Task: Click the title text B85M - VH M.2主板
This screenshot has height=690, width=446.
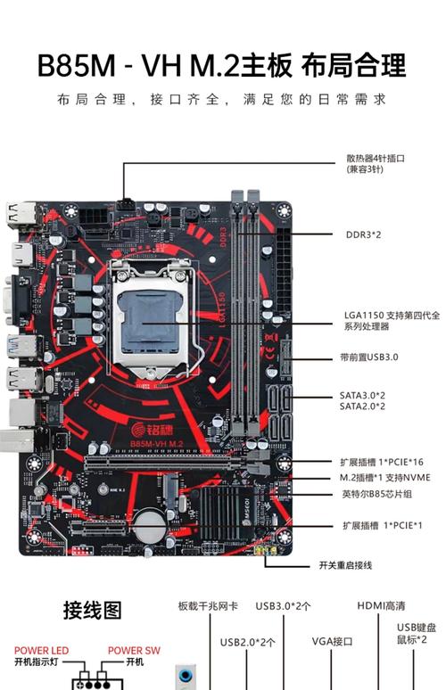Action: (164, 66)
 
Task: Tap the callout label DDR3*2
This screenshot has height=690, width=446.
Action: (363, 235)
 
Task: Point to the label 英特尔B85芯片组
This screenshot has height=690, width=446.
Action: (377, 494)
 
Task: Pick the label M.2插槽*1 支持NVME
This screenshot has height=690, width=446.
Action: (384, 478)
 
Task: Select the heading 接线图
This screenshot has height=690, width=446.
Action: (92, 611)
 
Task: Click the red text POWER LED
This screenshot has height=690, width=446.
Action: (41, 651)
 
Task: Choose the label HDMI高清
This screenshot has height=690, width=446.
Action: (381, 605)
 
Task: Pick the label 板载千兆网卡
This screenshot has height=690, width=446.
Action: (208, 606)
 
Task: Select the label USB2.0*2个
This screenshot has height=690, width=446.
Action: (247, 641)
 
